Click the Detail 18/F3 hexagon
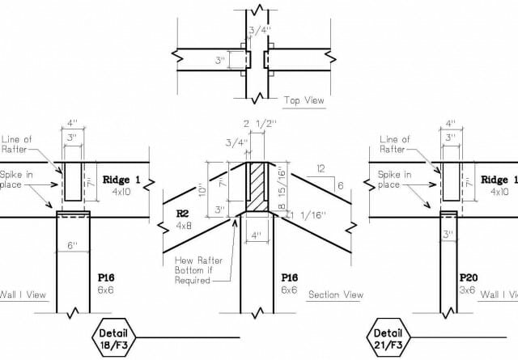tap(113, 337)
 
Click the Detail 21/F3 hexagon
tap(388, 337)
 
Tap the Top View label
tap(304, 100)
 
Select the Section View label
tap(336, 294)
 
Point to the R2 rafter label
tap(182, 214)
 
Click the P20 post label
tap(469, 277)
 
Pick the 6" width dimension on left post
tap(72, 245)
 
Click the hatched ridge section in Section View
tap(257, 186)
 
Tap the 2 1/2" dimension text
tap(260, 124)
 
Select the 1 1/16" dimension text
tap(308, 215)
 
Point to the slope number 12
tap(321, 169)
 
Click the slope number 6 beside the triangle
tap(340, 185)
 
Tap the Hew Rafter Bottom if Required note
tap(198, 270)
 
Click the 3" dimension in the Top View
tap(220, 61)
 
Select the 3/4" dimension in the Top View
tap(260, 31)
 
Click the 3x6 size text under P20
tap(467, 290)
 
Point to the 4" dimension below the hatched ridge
tap(257, 235)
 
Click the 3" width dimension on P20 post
tap(448, 235)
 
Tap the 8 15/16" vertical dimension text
tap(282, 189)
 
